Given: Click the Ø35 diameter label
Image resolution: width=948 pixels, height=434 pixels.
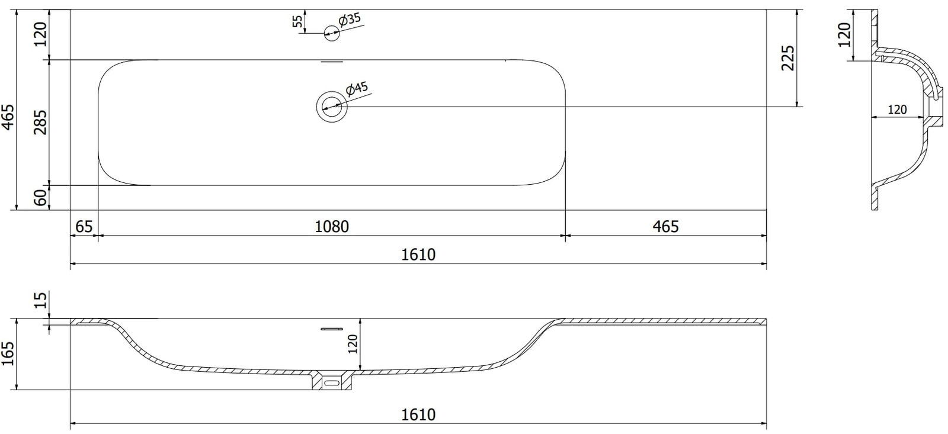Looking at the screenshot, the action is (x=350, y=20).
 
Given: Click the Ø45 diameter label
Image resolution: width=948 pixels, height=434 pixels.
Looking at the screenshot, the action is (x=357, y=89).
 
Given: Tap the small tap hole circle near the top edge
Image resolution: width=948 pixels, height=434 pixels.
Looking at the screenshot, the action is (x=332, y=34).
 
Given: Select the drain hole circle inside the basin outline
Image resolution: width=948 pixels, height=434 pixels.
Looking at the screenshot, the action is (x=331, y=107).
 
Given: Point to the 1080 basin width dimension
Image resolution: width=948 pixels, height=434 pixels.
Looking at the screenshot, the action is (x=332, y=226).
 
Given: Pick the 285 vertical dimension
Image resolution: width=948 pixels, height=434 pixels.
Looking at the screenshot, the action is (x=40, y=123).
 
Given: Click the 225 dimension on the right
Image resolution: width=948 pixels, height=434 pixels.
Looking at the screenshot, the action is (x=787, y=58).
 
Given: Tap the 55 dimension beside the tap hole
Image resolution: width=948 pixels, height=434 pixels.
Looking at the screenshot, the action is (x=298, y=22).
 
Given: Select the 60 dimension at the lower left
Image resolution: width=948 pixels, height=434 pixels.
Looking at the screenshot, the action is (x=40, y=198).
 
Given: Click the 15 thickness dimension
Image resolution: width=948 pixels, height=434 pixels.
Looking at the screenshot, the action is (x=40, y=300).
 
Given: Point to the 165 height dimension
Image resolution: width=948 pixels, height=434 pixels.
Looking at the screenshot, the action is (x=8, y=354).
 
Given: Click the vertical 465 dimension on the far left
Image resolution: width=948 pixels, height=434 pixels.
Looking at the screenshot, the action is (x=8, y=117).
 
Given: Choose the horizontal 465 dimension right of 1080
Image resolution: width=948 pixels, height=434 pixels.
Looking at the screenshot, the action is (x=665, y=226).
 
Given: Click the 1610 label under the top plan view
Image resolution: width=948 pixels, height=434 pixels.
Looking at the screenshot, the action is (x=418, y=255).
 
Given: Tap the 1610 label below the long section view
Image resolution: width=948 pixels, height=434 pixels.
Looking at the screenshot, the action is (x=418, y=414).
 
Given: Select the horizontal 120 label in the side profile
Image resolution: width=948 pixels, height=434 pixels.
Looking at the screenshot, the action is (x=897, y=110).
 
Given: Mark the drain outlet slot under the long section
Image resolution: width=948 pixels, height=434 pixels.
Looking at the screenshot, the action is (x=332, y=383).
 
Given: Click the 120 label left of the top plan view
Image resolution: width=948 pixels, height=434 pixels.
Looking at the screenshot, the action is (x=40, y=36).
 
